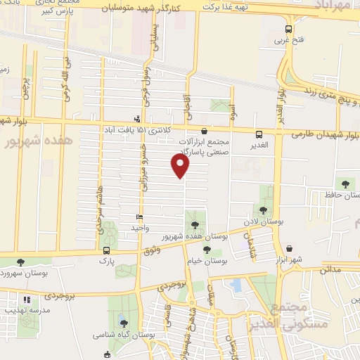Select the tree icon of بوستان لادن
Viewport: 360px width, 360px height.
pyautogui.click(x=264, y=210)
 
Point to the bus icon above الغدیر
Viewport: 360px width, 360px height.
pyautogui.click(x=259, y=134)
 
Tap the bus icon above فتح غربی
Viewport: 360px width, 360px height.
pyautogui.click(x=288, y=29)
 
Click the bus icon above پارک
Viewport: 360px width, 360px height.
pyautogui.click(x=107, y=250)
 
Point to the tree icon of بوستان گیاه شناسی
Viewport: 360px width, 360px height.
pyautogui.click(x=124, y=323)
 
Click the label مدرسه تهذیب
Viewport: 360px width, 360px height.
pyautogui.click(x=27, y=309)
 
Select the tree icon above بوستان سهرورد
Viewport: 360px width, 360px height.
pyautogui.click(x=20, y=262)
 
